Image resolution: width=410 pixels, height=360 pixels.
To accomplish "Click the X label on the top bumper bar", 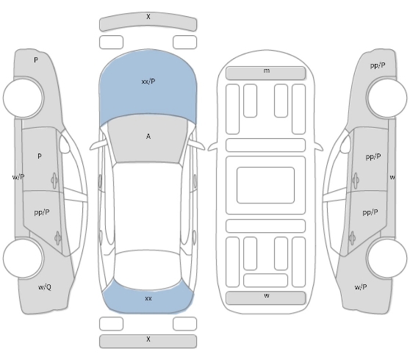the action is pyautogui.click(x=148, y=17).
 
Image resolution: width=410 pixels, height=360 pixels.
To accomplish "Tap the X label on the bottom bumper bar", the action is pyautogui.click(x=148, y=339).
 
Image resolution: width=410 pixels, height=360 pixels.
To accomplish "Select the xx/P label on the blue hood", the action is pyautogui.click(x=148, y=82).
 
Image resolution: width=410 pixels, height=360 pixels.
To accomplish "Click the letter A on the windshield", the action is pyautogui.click(x=148, y=137).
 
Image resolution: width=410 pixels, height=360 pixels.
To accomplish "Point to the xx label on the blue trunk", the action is pyautogui.click(x=148, y=298).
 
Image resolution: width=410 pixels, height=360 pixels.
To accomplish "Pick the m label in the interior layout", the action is pyautogui.click(x=267, y=71).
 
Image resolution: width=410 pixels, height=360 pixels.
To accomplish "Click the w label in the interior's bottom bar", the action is pyautogui.click(x=267, y=295).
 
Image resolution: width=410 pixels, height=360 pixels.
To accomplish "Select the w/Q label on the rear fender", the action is pyautogui.click(x=45, y=287).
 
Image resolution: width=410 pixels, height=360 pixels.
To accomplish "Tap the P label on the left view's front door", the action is pyautogui.click(x=40, y=156).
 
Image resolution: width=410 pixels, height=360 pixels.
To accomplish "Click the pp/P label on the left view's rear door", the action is pyautogui.click(x=42, y=212).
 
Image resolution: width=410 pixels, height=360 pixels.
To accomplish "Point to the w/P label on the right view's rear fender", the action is pyautogui.click(x=361, y=287).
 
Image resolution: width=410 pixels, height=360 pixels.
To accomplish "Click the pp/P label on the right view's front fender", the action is pyautogui.click(x=378, y=65).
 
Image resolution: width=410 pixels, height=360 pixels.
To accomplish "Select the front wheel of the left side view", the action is pyautogui.click(x=24, y=98).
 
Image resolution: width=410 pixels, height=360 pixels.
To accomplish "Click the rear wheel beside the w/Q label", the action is pyautogui.click(x=24, y=259).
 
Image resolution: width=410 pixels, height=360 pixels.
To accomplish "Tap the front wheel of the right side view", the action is pyautogui.click(x=386, y=98).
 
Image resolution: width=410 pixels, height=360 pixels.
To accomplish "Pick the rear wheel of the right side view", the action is pyautogui.click(x=386, y=259).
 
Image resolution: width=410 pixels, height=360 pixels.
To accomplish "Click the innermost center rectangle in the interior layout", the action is pyautogui.click(x=266, y=185).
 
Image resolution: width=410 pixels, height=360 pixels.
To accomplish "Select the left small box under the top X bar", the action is pyautogui.click(x=111, y=42).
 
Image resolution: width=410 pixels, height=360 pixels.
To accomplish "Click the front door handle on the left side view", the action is pyautogui.click(x=54, y=180).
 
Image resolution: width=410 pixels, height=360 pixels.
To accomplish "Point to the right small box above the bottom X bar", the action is pyautogui.click(x=184, y=324).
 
